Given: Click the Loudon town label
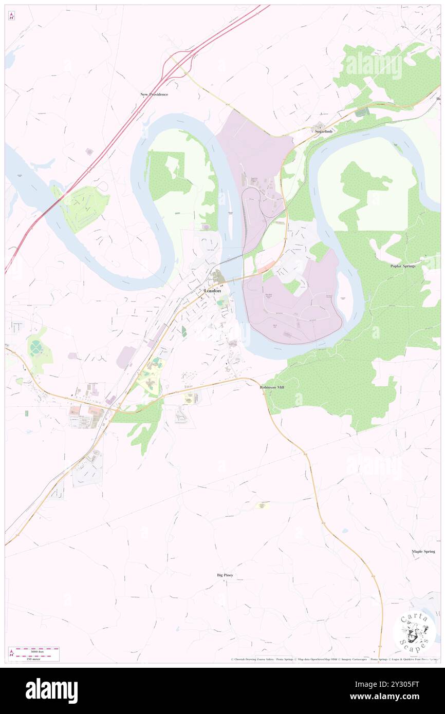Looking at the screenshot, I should (x=212, y=291).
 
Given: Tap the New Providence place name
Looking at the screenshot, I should (x=154, y=95).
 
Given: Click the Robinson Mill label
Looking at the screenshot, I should (x=272, y=387).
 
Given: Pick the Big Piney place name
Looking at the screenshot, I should (x=225, y=575).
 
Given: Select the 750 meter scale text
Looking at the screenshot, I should (x=33, y=659).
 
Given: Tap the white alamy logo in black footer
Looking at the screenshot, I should (x=51, y=690).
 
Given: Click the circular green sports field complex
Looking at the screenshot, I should (x=36, y=349).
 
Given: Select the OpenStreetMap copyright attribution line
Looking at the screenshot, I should (x=334, y=659).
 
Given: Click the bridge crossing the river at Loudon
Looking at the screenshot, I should (x=233, y=280).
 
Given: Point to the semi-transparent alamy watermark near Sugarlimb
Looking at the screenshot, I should (x=374, y=66).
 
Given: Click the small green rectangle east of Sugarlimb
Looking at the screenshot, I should (x=362, y=111).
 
